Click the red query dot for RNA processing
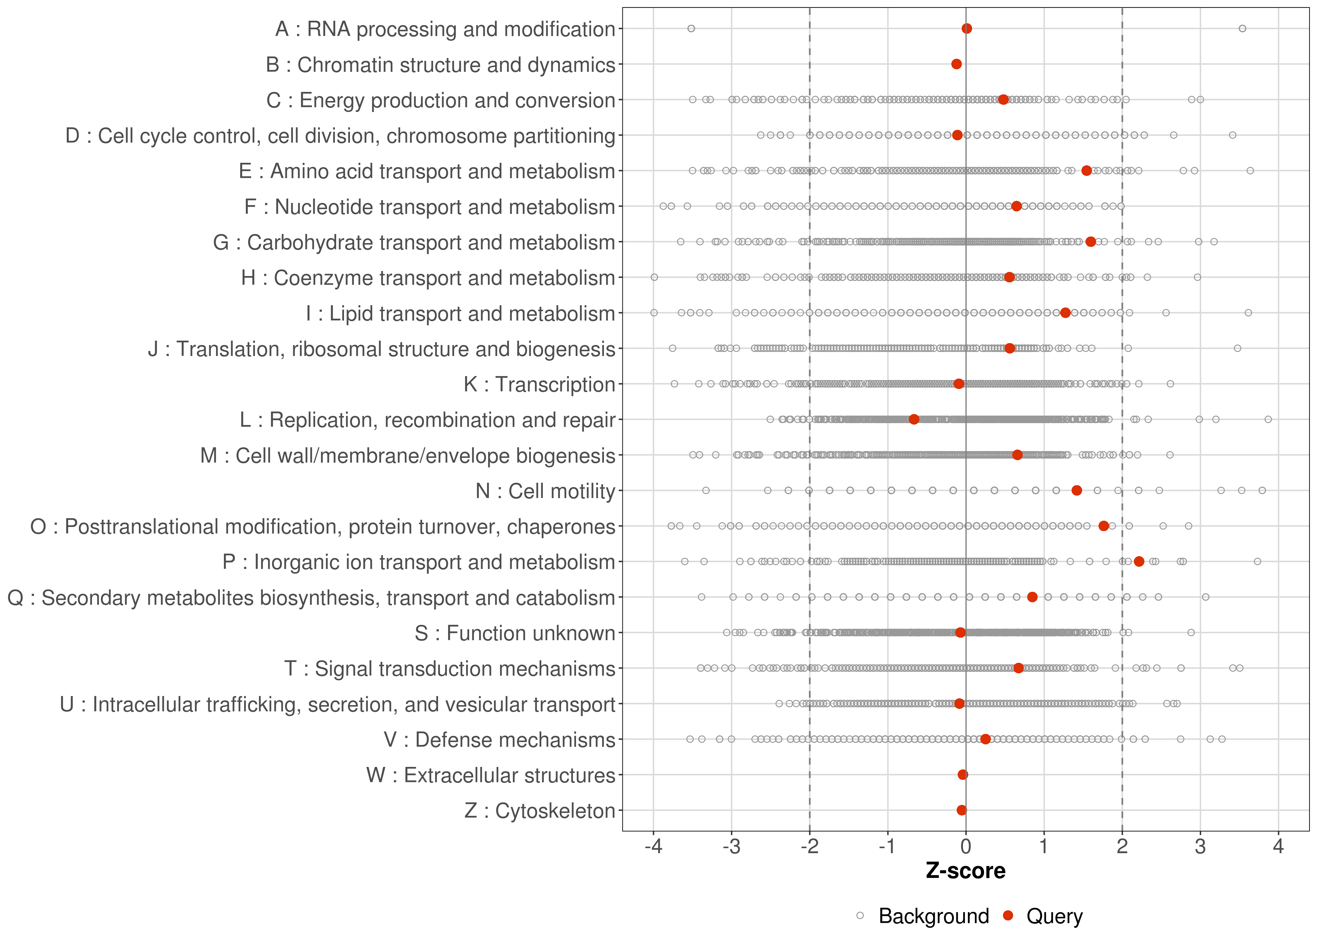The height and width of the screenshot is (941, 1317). [x=967, y=29]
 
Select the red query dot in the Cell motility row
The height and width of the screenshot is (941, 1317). [x=1077, y=490]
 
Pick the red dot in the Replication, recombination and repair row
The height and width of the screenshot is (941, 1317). [x=914, y=419]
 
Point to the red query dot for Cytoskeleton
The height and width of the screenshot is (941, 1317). [x=961, y=810]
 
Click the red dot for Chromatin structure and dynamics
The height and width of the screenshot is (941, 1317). [x=957, y=64]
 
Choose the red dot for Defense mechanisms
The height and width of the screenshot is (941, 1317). [x=986, y=739]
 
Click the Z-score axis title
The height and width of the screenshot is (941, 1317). [x=965, y=871]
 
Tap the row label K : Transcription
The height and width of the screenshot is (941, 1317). [x=539, y=384]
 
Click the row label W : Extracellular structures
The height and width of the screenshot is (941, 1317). [x=490, y=775]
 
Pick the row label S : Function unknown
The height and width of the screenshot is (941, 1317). [x=515, y=633]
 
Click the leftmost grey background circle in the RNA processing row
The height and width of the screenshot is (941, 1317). [x=691, y=29]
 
